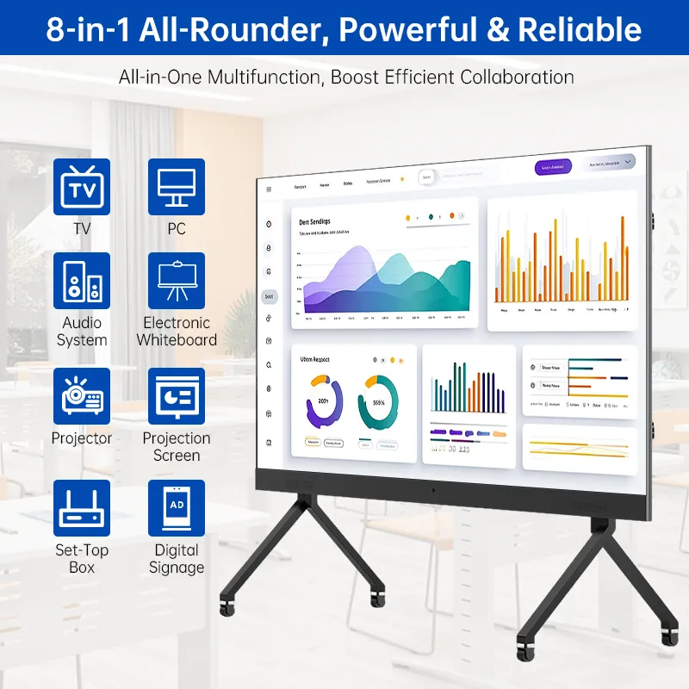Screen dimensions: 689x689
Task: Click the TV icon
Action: click(x=82, y=186)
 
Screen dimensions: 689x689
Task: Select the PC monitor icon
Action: click(x=177, y=186)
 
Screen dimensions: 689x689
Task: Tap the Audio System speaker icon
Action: click(x=82, y=281)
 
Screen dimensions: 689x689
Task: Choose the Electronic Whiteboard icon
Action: click(x=177, y=281)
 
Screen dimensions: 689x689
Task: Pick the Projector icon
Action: click(x=82, y=396)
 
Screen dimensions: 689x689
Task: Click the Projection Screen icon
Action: click(x=177, y=396)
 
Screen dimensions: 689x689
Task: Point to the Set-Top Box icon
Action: click(x=82, y=508)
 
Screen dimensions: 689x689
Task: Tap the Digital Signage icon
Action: click(x=177, y=508)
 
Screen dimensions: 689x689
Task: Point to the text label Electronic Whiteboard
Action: click(x=177, y=332)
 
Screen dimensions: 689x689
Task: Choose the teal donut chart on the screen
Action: click(x=379, y=401)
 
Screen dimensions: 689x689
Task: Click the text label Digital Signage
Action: click(x=177, y=559)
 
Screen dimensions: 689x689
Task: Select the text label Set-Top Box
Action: click(x=82, y=559)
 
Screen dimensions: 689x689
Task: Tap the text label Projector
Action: click(x=82, y=438)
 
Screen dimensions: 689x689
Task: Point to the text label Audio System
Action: click(x=82, y=332)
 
